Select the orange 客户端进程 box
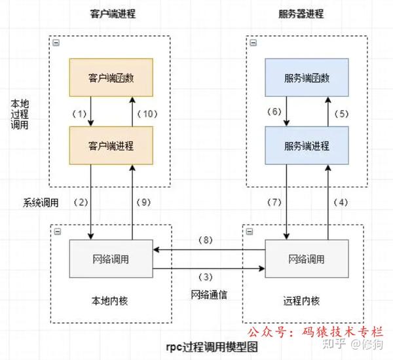pyautogui.click(x=111, y=145)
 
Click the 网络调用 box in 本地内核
pyautogui.click(x=111, y=258)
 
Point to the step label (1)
pyautogui.click(x=79, y=113)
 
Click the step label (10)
pyautogui.click(x=147, y=113)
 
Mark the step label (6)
pyautogui.click(x=273, y=113)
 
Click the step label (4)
pyautogui.click(x=341, y=202)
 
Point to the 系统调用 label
pyautogui.click(x=41, y=202)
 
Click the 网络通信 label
pyautogui.click(x=209, y=295)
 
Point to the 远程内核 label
pyautogui.click(x=305, y=303)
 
